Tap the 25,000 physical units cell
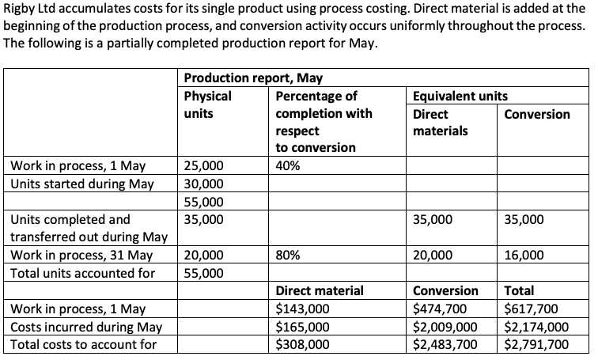203,166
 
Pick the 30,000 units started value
203,184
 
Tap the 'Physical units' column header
207,104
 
